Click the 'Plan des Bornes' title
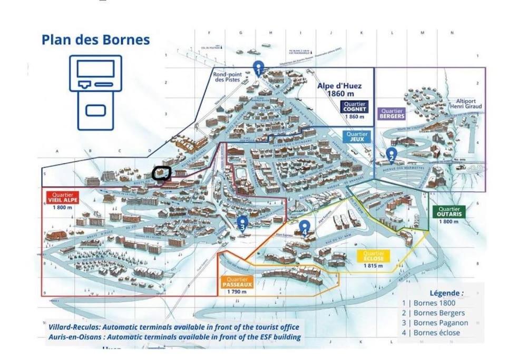pyautogui.click(x=95, y=40)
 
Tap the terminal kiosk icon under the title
pyautogui.click(x=95, y=92)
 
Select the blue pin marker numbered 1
pyautogui.click(x=258, y=67)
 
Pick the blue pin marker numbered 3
pyautogui.click(x=242, y=223)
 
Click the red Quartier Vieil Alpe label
pyautogui.click(x=62, y=197)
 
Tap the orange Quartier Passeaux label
pyautogui.click(x=238, y=282)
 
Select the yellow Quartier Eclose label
pyautogui.click(x=373, y=256)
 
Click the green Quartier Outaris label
pyautogui.click(x=449, y=211)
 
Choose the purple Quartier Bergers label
pyautogui.click(x=392, y=114)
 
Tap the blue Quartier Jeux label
pyautogui.click(x=357, y=137)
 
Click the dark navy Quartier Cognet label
pyautogui.click(x=354, y=107)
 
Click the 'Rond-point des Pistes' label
pyautogui.click(x=228, y=77)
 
